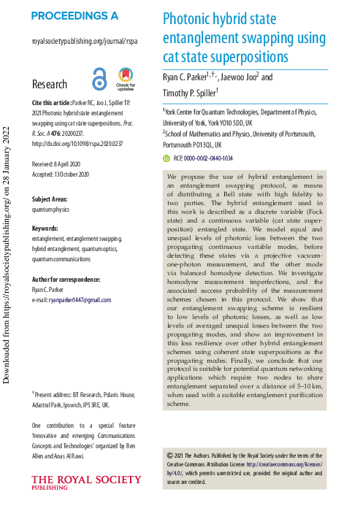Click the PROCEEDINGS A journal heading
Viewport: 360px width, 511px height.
(74, 15)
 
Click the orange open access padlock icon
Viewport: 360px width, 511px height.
(99, 77)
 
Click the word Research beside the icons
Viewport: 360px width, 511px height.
(50, 84)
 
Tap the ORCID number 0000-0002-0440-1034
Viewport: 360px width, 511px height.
(207, 158)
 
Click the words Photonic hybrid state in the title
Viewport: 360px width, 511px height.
(218, 19)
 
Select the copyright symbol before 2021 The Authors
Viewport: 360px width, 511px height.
(170, 455)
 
